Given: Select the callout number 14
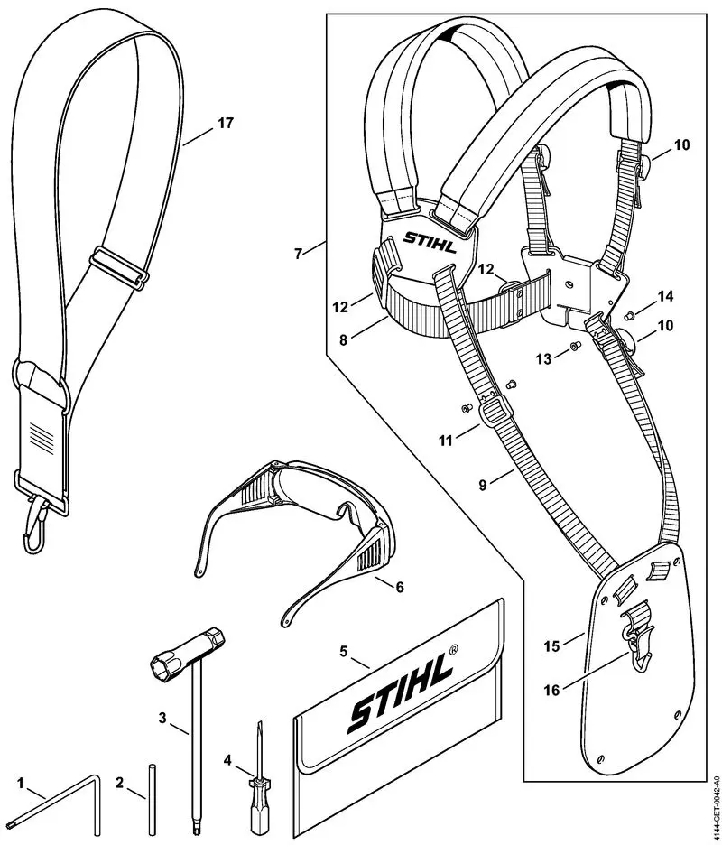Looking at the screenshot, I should point(666,296).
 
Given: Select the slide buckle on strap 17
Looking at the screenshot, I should point(118,267).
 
